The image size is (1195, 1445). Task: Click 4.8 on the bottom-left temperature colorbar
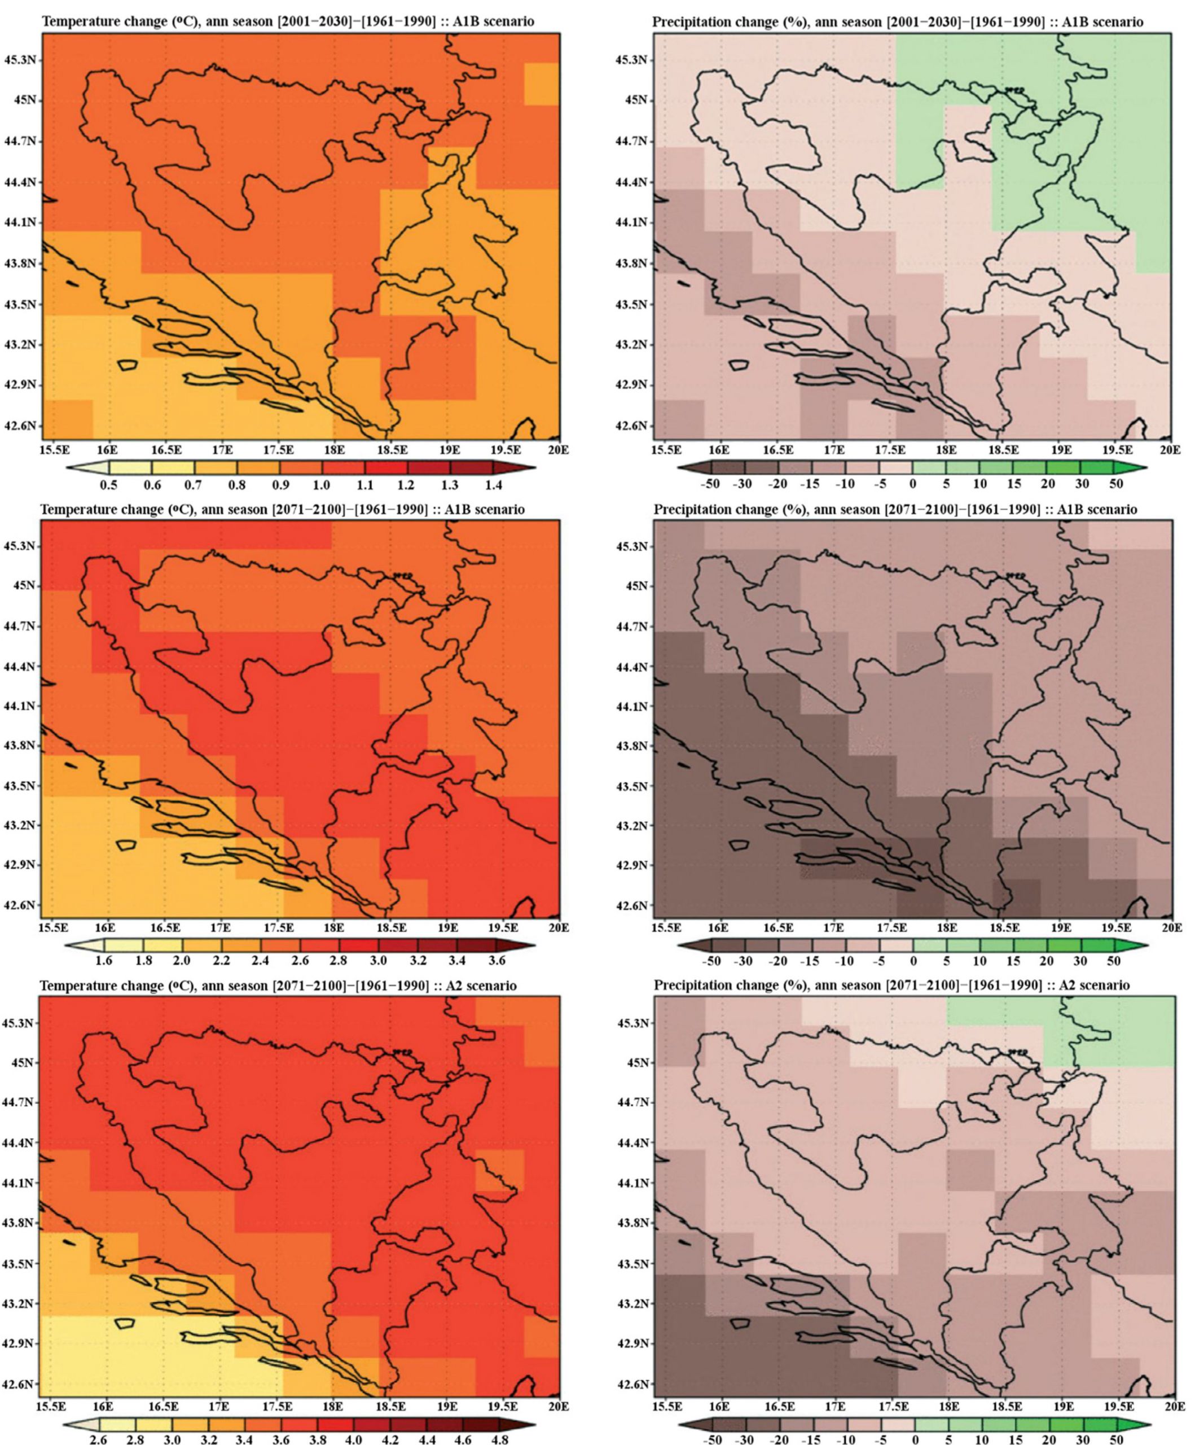[x=500, y=1437]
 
